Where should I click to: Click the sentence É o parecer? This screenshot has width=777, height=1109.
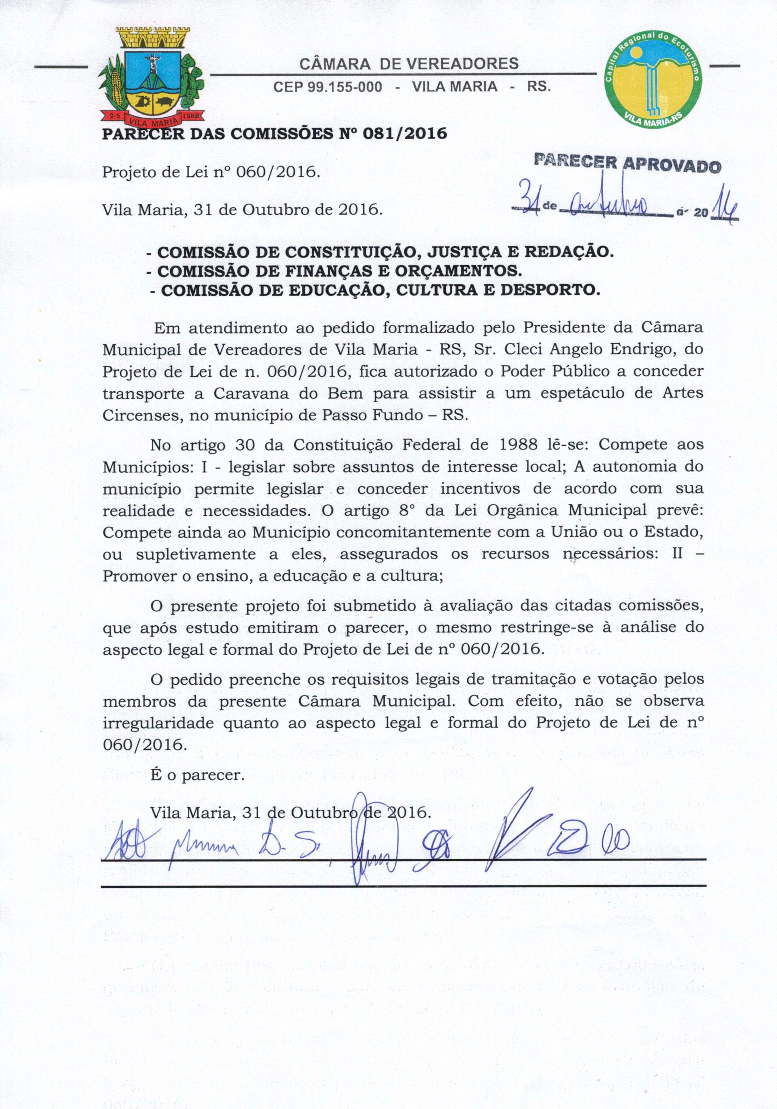coord(197,776)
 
